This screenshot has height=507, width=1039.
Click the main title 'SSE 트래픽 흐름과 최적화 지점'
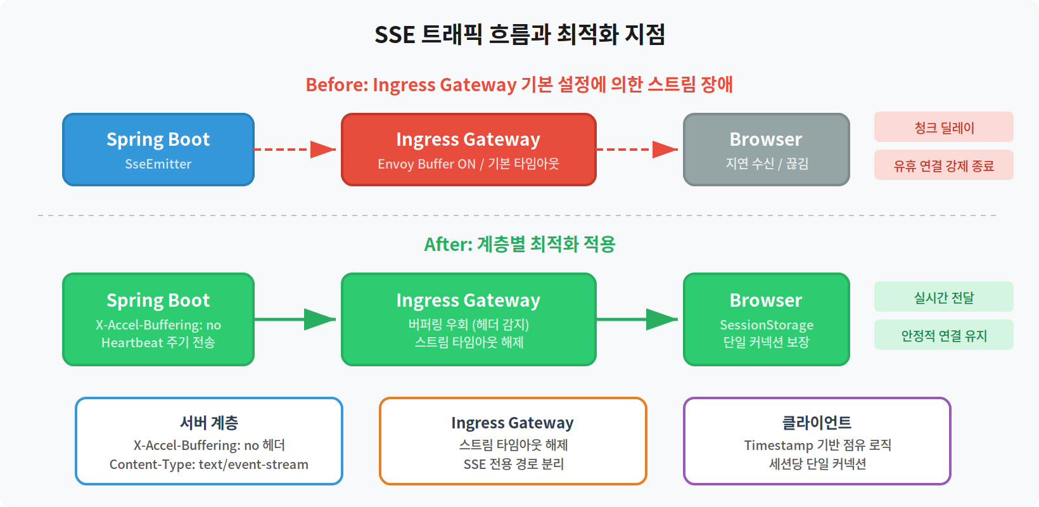519,34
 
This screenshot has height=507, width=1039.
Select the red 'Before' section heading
519,84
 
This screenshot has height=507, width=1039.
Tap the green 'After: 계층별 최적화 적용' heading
519,244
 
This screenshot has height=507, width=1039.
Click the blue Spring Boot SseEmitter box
158,150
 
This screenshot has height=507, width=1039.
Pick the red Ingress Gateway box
469,150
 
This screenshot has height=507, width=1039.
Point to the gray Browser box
766,150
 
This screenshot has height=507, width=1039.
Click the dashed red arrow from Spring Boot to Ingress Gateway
295,150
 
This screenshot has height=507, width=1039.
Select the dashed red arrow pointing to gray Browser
637,150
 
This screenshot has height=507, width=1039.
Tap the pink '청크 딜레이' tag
943,127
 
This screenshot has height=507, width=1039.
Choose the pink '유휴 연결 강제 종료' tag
943,165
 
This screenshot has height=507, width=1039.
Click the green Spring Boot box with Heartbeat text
158,319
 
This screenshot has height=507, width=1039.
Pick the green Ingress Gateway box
469,319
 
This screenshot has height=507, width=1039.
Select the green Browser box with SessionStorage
766,319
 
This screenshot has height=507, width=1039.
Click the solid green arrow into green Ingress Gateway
295,319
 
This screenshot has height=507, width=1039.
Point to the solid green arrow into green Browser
637,319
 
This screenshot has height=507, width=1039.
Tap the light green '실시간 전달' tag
943,297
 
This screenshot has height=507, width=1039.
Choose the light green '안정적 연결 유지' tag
943,335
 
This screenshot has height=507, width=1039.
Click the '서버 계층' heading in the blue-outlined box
209,422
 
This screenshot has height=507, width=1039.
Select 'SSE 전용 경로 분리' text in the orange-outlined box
513,464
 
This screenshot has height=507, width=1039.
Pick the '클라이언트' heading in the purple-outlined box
817,422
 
